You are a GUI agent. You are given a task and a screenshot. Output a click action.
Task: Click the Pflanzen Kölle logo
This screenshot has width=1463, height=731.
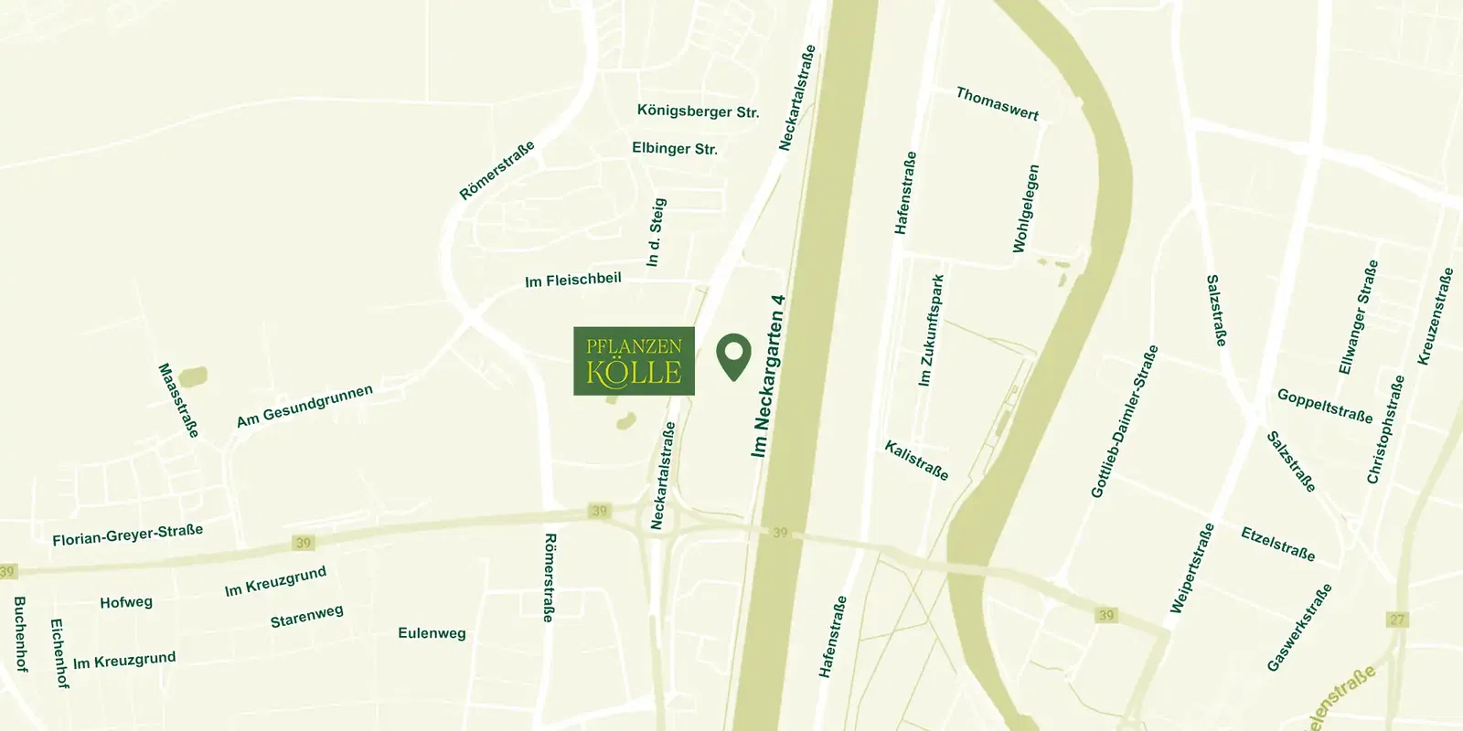[x=634, y=361]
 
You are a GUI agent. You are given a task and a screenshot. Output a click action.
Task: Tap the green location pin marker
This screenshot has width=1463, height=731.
[x=733, y=356]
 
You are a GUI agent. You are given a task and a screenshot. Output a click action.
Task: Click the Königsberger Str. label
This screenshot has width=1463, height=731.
[x=698, y=111]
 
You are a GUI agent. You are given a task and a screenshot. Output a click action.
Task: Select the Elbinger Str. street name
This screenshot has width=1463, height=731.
[x=675, y=148]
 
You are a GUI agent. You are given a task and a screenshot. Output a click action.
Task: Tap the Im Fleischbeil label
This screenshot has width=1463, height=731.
[x=572, y=280]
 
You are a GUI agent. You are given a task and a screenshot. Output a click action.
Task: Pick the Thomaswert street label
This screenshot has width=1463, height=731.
[x=997, y=103]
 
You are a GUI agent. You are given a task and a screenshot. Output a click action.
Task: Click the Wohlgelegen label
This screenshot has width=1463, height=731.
[x=1026, y=208]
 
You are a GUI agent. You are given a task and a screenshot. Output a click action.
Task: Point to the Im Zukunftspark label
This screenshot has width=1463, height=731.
[x=931, y=330]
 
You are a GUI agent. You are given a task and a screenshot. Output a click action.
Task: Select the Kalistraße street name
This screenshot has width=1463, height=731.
[x=916, y=460]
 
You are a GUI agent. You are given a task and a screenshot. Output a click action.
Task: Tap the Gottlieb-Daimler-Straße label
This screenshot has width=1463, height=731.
[x=1125, y=421]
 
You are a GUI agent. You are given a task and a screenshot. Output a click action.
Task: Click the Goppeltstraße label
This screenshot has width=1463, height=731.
[x=1325, y=406]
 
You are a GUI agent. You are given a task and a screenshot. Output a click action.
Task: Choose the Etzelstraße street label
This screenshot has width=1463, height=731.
[x=1278, y=544]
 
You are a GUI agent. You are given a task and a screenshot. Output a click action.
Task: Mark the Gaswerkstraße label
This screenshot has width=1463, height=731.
[x=1299, y=628]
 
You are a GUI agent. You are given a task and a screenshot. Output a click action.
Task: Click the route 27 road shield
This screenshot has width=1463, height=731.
[x=1397, y=620]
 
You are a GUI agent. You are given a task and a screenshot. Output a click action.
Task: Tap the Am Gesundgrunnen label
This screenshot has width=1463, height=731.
[x=304, y=406]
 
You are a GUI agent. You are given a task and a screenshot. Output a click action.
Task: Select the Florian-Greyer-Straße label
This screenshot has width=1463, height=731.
[x=127, y=535]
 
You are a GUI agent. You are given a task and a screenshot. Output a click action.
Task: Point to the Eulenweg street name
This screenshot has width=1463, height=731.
[x=432, y=632]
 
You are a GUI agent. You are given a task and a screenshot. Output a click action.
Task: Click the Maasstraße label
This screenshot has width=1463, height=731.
[x=178, y=400]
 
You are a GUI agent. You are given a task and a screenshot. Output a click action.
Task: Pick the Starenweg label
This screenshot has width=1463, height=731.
[x=306, y=616]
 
